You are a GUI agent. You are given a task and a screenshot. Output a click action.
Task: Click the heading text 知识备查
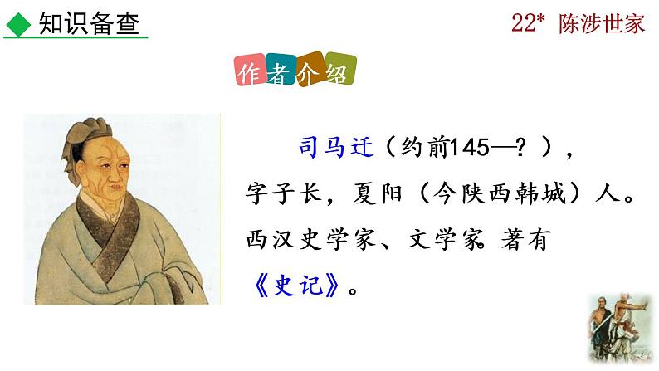[x=81, y=23]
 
